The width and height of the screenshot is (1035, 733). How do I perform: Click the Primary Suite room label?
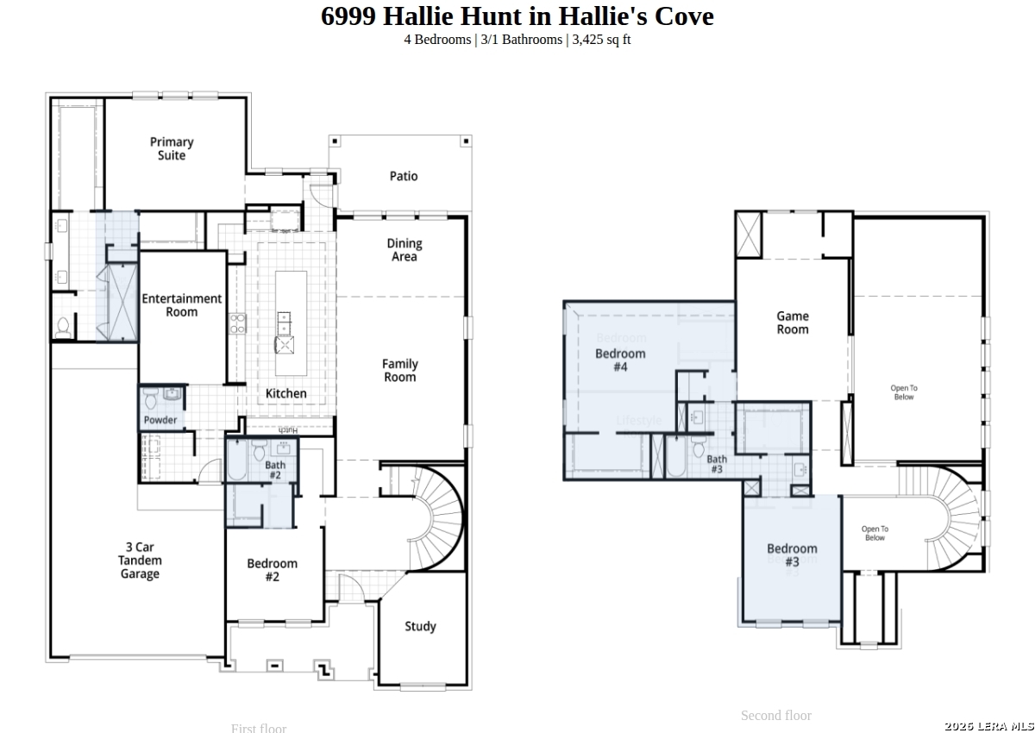(172, 148)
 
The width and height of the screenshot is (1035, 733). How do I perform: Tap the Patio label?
(404, 176)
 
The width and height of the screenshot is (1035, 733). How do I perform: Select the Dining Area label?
(404, 250)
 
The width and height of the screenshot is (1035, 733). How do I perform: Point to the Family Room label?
(400, 371)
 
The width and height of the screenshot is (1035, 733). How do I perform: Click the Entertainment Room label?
(182, 305)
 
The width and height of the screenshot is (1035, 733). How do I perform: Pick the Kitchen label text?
(285, 393)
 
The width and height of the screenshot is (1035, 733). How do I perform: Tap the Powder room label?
(160, 420)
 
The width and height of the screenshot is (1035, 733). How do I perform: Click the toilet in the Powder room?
(150, 398)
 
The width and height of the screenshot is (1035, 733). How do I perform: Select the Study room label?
(420, 626)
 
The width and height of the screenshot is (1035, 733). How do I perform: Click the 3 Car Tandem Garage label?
(140, 561)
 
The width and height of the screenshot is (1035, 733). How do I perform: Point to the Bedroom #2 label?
(272, 570)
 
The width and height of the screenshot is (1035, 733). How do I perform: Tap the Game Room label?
(793, 323)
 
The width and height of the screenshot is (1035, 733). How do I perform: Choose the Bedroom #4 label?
(620, 360)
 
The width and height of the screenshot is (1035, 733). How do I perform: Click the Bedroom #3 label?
(792, 554)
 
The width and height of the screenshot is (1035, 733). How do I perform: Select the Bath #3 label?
(717, 464)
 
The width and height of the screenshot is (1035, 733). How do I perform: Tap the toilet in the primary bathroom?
(63, 327)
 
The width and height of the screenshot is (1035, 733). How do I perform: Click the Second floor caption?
(775, 715)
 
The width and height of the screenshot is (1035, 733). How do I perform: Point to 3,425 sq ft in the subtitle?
(601, 40)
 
